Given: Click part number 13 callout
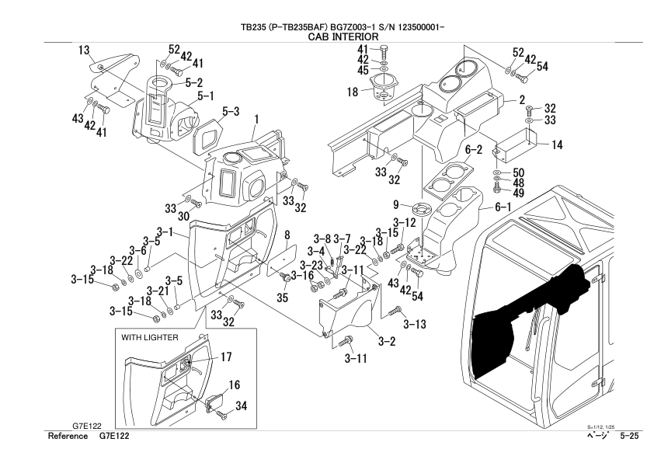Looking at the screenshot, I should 83,50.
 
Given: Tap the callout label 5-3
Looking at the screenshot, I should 231,111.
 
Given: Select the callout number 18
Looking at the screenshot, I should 351,92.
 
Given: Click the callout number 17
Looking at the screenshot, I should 226,358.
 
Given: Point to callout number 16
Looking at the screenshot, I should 234,385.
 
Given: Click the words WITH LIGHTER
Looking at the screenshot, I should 150,339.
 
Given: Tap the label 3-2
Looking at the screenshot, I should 386,340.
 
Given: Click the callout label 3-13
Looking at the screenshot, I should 415,324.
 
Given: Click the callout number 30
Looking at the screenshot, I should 185,216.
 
